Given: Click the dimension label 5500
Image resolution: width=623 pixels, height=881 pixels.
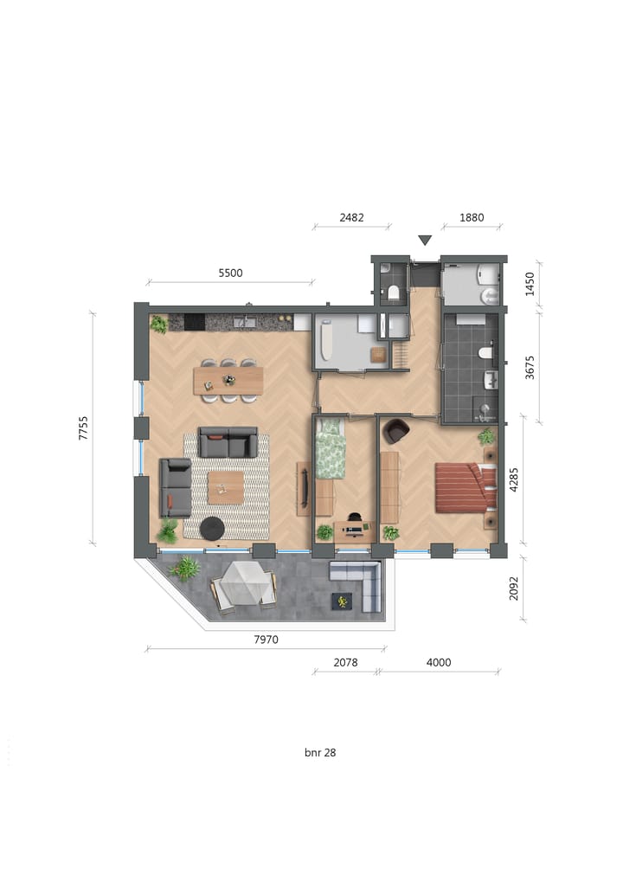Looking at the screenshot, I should [x=230, y=273].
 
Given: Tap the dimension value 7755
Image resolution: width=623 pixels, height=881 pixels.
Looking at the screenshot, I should [x=84, y=429].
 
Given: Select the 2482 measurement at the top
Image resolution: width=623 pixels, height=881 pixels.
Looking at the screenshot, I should [x=352, y=218].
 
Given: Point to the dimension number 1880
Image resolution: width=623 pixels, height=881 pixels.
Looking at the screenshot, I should [x=471, y=218].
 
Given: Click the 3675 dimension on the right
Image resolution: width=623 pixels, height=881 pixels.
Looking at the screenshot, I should [x=530, y=368].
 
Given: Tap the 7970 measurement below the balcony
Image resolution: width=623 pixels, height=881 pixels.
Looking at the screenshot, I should [x=265, y=640].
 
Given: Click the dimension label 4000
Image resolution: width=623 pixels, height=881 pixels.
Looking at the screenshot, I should [x=439, y=663].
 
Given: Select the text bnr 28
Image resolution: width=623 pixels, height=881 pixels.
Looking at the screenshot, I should [x=320, y=753].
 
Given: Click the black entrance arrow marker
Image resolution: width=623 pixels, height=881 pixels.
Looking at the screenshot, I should [x=424, y=240].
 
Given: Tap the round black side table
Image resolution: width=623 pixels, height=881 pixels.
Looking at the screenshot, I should [x=212, y=527].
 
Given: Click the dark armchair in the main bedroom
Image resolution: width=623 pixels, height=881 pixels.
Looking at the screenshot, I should [x=396, y=430].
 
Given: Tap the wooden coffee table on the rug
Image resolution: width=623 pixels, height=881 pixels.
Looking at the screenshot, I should [x=226, y=487].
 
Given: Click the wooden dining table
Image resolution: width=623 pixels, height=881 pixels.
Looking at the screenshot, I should [x=228, y=380].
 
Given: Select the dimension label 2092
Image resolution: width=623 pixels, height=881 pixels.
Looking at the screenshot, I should [x=514, y=589].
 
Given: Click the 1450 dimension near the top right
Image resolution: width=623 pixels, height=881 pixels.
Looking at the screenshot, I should [x=530, y=284].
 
